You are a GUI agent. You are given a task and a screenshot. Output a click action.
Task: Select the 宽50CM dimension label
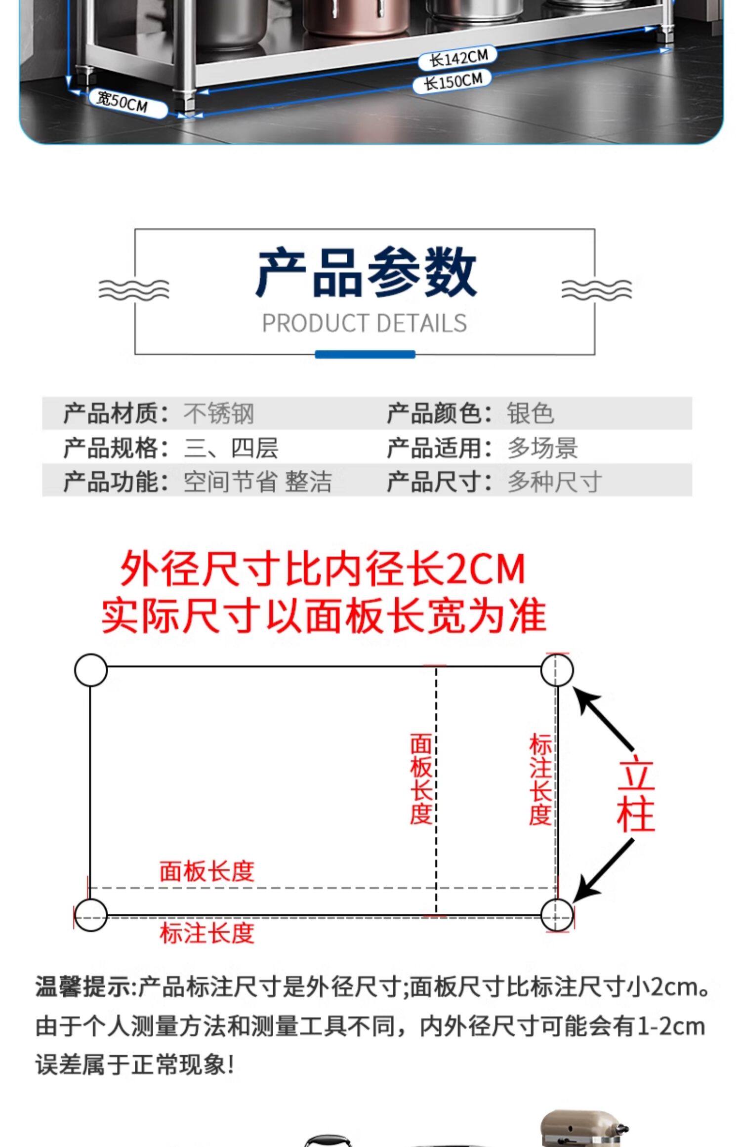click(123, 103)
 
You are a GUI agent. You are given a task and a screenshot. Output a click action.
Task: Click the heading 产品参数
click(366, 273)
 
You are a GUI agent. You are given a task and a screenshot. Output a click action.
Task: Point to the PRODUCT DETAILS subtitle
click(364, 324)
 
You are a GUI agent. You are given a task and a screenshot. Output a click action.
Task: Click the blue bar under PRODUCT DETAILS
click(365, 354)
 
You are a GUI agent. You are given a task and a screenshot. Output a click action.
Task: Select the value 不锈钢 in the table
click(219, 413)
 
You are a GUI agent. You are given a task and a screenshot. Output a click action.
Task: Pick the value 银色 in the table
click(530, 413)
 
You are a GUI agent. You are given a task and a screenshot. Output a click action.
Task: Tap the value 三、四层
click(231, 448)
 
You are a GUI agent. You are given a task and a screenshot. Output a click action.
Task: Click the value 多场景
click(542, 448)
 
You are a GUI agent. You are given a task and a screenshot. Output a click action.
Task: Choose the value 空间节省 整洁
click(257, 482)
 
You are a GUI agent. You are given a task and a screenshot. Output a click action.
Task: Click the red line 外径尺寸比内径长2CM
click(323, 570)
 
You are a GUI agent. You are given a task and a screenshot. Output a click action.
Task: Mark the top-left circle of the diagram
click(91, 670)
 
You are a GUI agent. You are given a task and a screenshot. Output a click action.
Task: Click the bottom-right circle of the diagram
click(557, 915)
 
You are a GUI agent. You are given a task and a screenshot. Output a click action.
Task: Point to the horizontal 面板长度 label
click(206, 872)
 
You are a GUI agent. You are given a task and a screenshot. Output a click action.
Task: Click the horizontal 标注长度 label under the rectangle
click(206, 934)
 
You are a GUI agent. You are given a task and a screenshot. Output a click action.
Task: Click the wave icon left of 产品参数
click(133, 289)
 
